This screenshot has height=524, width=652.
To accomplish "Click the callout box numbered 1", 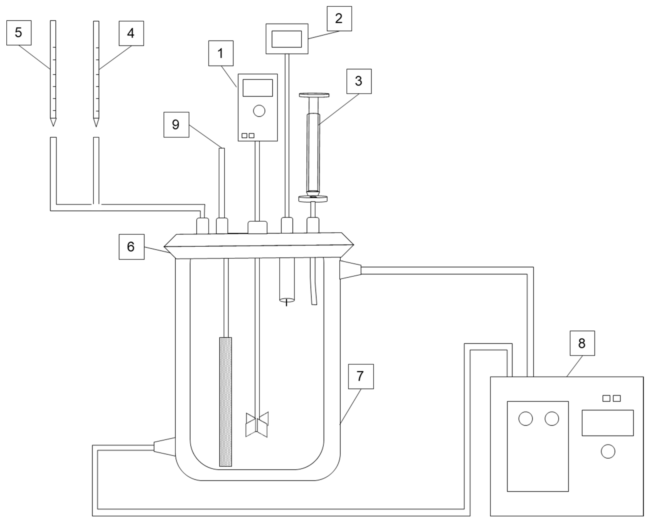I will pos(221,53).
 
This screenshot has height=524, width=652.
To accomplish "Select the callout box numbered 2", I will pos(339,18).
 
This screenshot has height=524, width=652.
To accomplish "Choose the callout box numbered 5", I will pos(19,33).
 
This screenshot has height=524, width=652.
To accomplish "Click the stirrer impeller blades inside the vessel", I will pos(257,424).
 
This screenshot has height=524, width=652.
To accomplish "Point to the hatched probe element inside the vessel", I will pos(225,402).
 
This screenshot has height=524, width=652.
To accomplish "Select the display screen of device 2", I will pos(286,39).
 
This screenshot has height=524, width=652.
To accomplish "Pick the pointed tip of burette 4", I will pos(96,122).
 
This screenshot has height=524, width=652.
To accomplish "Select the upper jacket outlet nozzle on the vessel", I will pos(350,270).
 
